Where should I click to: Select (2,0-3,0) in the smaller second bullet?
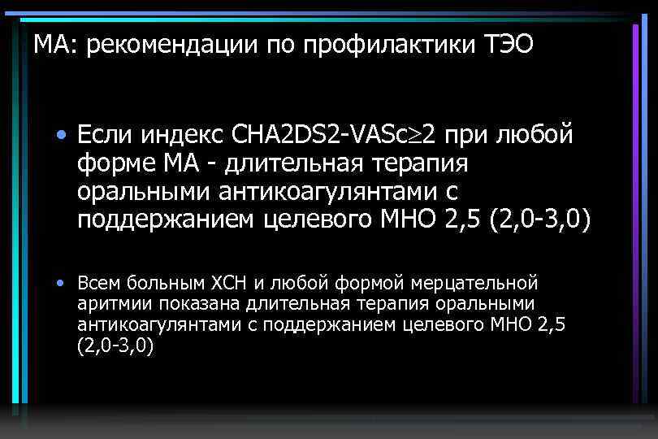click(x=116, y=346)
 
